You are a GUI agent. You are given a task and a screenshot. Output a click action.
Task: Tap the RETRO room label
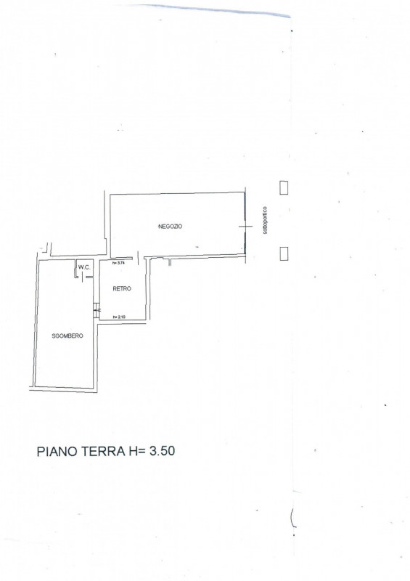coord(122,289)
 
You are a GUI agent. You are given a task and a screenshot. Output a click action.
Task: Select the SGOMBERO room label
coord(68,336)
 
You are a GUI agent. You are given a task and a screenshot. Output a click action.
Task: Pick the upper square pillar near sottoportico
coord(284,187)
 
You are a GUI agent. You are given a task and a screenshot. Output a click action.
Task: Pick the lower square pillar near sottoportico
coord(284,253)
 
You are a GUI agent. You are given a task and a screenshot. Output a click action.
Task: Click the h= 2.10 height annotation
coord(120,317)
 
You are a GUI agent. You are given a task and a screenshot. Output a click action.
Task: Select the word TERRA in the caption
coord(105,452)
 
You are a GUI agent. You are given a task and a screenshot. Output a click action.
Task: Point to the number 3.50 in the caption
coord(162,452)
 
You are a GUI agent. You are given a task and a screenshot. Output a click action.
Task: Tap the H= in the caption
coord(138,452)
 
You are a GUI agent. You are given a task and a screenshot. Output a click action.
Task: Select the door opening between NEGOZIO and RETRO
coord(134,259)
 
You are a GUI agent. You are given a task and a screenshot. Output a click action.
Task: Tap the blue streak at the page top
coord(218,9)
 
